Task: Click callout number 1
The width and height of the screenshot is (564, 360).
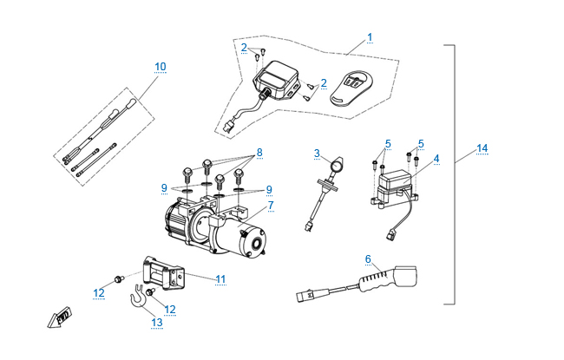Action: pos(370,37)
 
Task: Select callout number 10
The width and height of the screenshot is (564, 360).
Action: pos(160,66)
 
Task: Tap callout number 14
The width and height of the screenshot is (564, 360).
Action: pos(482,148)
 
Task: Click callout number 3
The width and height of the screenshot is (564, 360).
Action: pos(318,153)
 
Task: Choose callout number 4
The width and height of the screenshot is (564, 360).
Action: pos(436,159)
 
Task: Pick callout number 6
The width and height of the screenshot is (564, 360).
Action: pos(368,259)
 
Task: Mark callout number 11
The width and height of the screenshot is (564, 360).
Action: pos(220,278)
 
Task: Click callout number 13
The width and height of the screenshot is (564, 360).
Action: pos(156,323)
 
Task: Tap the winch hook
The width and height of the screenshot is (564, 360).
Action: pos(138,298)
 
